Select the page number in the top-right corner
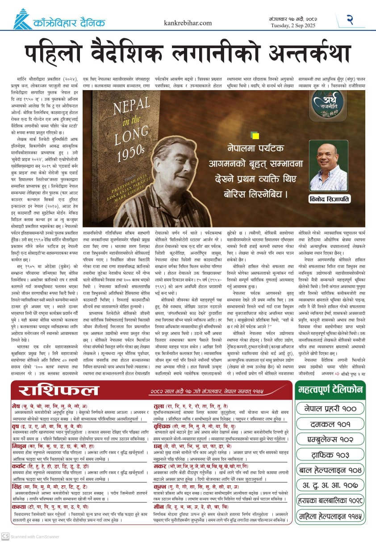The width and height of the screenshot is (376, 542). pos(350,19)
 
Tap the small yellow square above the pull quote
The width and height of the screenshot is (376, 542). pos(255,135)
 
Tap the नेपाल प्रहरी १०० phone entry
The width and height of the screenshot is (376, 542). pos(330,408)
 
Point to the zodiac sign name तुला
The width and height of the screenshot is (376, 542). pos(159,406)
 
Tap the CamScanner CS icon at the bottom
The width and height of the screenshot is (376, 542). pos(5,536)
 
